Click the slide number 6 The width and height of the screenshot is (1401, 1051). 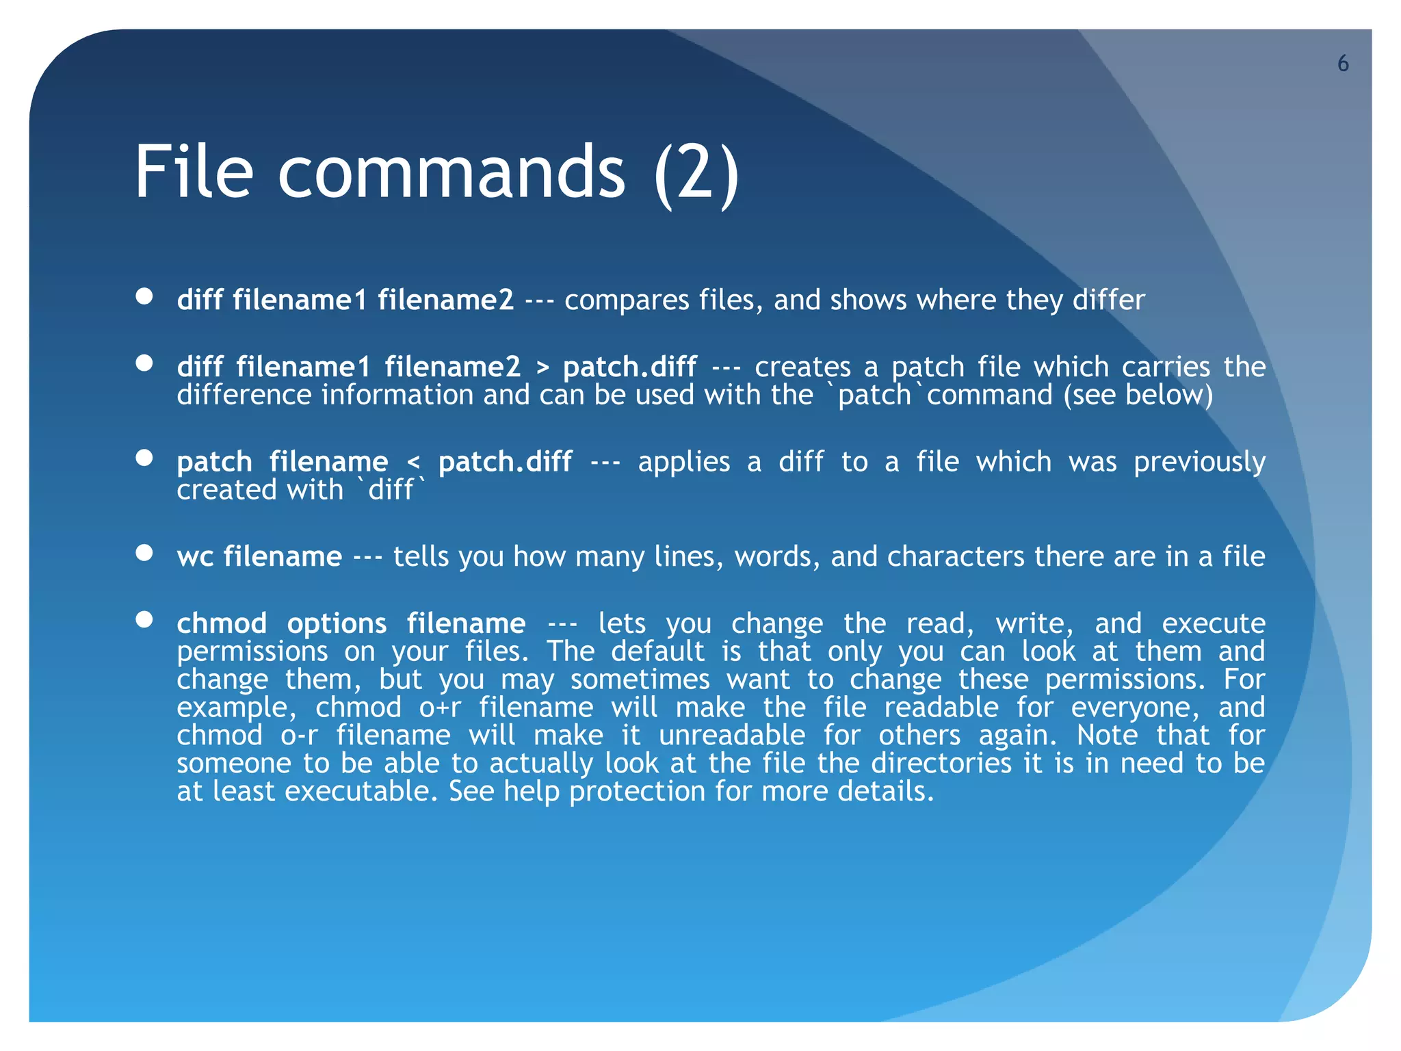pyautogui.click(x=1343, y=64)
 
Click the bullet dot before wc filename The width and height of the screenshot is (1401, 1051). pyautogui.click(x=144, y=553)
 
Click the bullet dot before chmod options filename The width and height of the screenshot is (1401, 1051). pyautogui.click(x=144, y=620)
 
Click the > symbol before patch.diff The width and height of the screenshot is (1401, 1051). pyautogui.click(x=542, y=367)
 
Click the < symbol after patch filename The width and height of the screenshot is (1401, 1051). pyautogui.click(x=413, y=463)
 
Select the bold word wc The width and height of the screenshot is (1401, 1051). pyautogui.click(x=195, y=557)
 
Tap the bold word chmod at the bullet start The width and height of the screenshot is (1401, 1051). pyautogui.click(x=222, y=624)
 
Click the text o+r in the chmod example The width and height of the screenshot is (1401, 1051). pyautogui.click(x=441, y=708)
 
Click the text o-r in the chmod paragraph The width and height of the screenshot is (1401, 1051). pyautogui.click(x=300, y=736)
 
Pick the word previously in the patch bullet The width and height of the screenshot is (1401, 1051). pyautogui.click(x=1199, y=463)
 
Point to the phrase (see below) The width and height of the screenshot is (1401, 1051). pyautogui.click(x=1138, y=395)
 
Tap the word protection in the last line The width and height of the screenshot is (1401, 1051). pyautogui.click(x=637, y=792)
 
